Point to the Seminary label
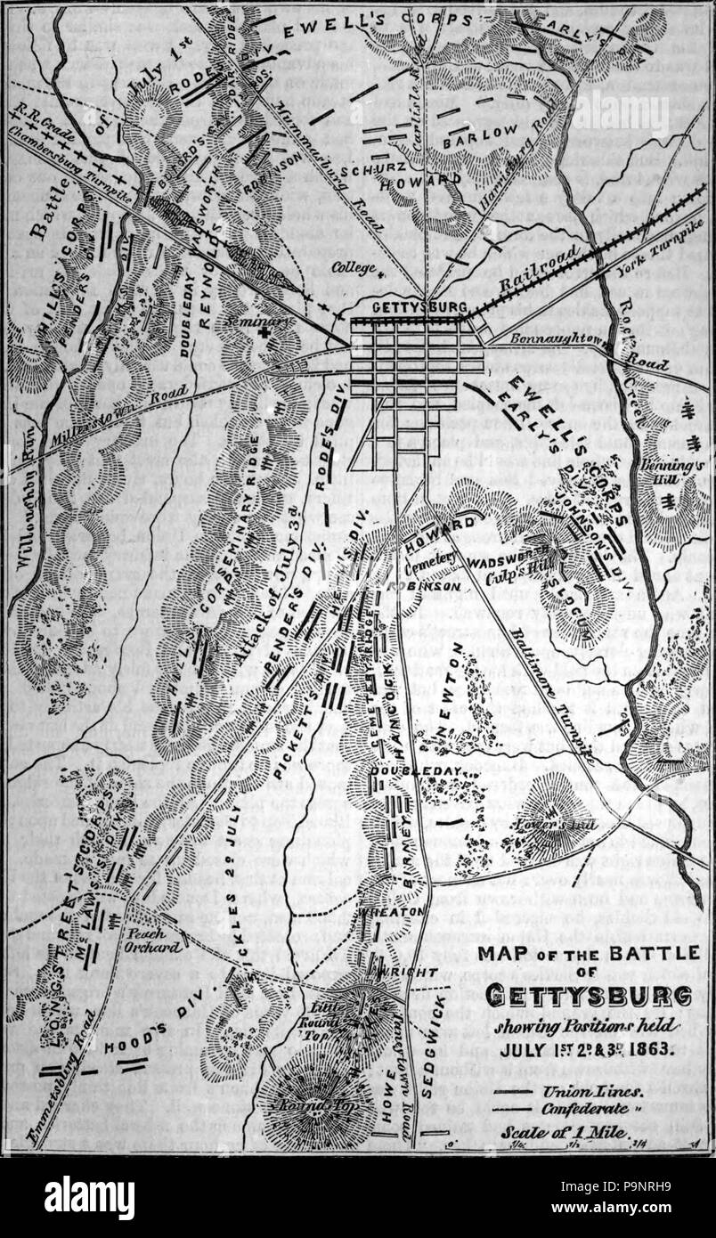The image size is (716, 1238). click(247, 322)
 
